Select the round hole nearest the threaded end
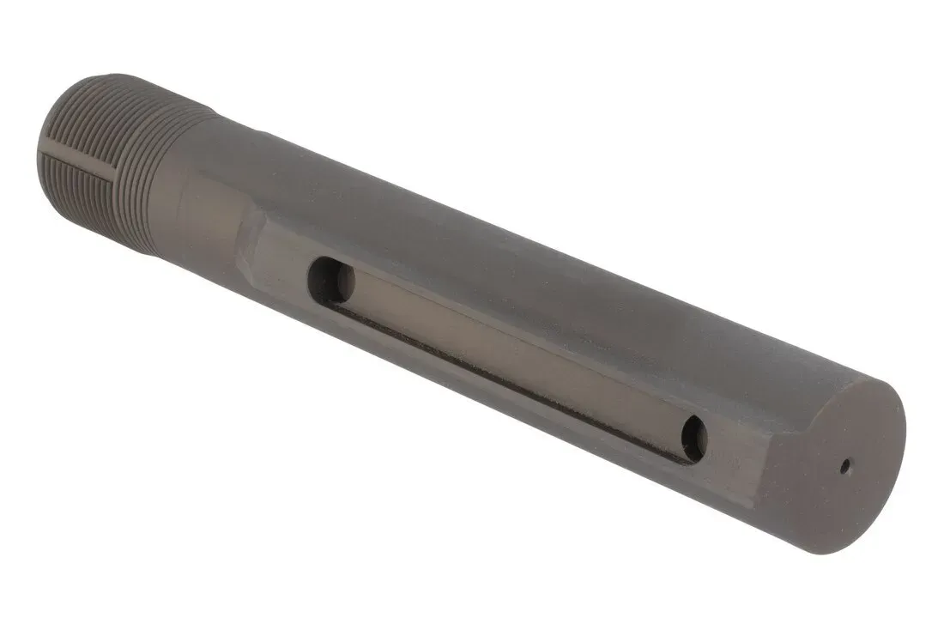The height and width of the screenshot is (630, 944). coord(331,281)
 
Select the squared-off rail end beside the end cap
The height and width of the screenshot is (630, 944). coord(755,463)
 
